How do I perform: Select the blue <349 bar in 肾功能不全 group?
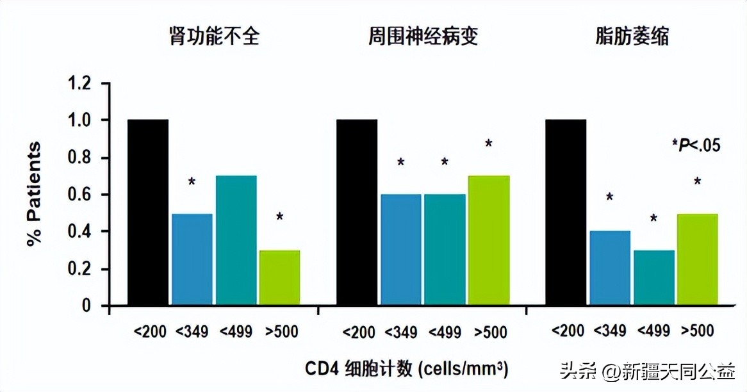coord(192,259)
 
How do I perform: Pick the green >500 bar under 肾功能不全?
coord(279,278)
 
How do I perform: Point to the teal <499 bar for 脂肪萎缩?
coord(653,278)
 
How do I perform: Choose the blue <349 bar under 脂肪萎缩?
coord(610,268)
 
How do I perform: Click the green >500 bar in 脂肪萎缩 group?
coord(697,259)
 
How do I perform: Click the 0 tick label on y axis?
coord(86,306)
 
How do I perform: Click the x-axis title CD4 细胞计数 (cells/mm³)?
coord(407,369)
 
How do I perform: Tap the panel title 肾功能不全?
coord(214,37)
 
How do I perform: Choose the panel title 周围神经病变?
coord(423,37)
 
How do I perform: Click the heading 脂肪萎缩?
coord(632,37)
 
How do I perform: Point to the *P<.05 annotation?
coord(696,145)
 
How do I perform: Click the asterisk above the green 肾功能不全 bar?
coord(279,217)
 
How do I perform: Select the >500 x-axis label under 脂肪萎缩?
coord(697,331)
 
